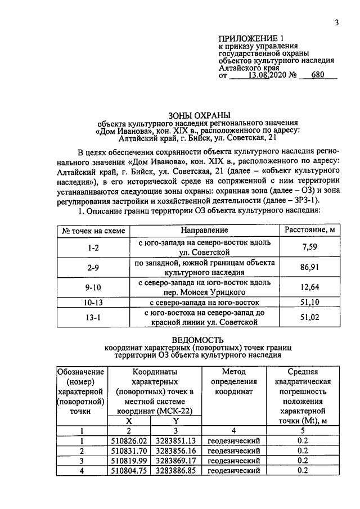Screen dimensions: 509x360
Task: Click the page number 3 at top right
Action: pyautogui.click(x=336, y=22)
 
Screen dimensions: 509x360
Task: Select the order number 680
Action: pyautogui.click(x=318, y=74)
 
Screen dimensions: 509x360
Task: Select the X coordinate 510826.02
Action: pyautogui.click(x=129, y=441)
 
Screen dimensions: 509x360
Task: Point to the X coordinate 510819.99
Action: pyautogui.click(x=129, y=461)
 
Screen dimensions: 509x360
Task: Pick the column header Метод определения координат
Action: pyautogui.click(x=234, y=382)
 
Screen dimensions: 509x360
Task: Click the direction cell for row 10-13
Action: pyautogui.click(x=204, y=303)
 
